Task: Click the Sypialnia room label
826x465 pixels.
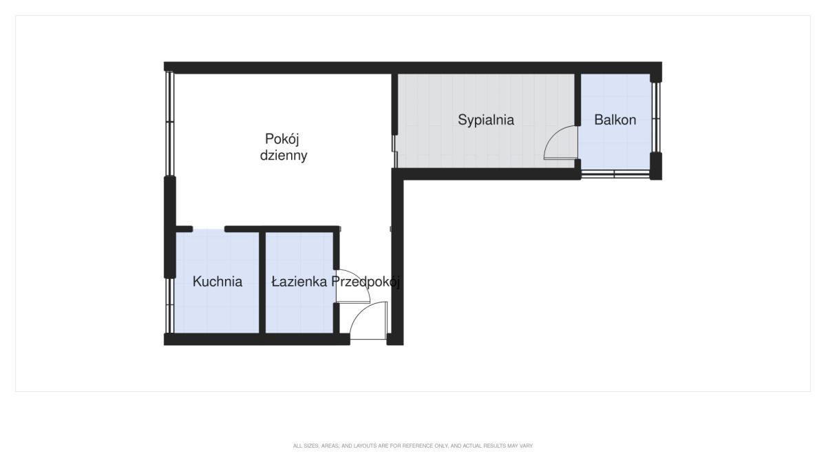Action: (486, 121)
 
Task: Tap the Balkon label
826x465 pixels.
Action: (615, 120)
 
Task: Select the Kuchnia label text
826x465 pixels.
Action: (218, 282)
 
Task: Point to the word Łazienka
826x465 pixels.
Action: (299, 282)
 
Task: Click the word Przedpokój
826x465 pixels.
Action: (366, 282)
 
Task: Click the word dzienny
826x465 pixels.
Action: (284, 156)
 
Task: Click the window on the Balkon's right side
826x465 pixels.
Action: (655, 117)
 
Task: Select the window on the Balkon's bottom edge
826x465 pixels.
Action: (615, 174)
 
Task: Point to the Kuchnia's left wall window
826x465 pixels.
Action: (169, 306)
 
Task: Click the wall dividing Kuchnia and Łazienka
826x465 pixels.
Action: (262, 282)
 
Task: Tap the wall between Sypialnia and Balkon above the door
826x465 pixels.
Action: (578, 100)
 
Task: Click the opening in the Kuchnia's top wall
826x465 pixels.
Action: (209, 229)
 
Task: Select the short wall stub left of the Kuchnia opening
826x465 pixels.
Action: (184, 229)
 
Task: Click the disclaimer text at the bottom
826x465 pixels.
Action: (413, 446)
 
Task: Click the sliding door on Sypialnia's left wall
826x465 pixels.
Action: (394, 152)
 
